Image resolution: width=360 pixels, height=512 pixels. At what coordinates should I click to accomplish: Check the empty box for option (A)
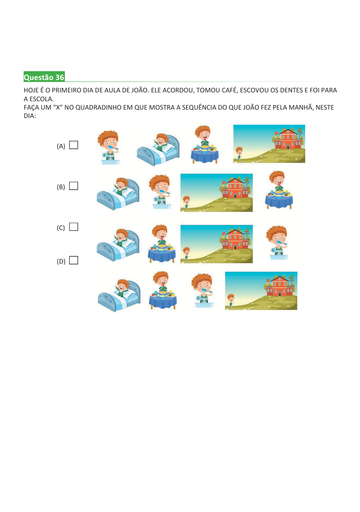click(73, 145)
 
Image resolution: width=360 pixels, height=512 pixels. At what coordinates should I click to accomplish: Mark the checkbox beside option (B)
click(73, 186)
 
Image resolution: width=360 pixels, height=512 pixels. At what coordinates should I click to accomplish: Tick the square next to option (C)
click(73, 227)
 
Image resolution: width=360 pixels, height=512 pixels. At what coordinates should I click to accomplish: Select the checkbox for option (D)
click(73, 260)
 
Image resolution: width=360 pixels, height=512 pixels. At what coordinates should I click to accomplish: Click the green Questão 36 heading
click(44, 77)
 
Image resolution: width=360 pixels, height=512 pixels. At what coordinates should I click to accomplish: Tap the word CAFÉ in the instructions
click(229, 90)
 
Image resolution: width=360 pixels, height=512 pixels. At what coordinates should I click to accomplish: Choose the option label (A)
click(61, 146)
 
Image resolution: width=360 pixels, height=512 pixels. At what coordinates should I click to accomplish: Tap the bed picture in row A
click(158, 149)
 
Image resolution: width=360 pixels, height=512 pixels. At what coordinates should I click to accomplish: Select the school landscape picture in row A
click(269, 144)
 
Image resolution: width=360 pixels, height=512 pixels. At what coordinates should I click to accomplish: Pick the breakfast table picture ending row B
click(279, 190)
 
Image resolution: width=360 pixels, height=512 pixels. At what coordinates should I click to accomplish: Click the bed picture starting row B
click(118, 194)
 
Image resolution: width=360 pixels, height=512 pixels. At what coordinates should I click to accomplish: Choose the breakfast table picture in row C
click(162, 244)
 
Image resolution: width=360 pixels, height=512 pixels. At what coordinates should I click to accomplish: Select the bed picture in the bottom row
click(119, 295)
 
